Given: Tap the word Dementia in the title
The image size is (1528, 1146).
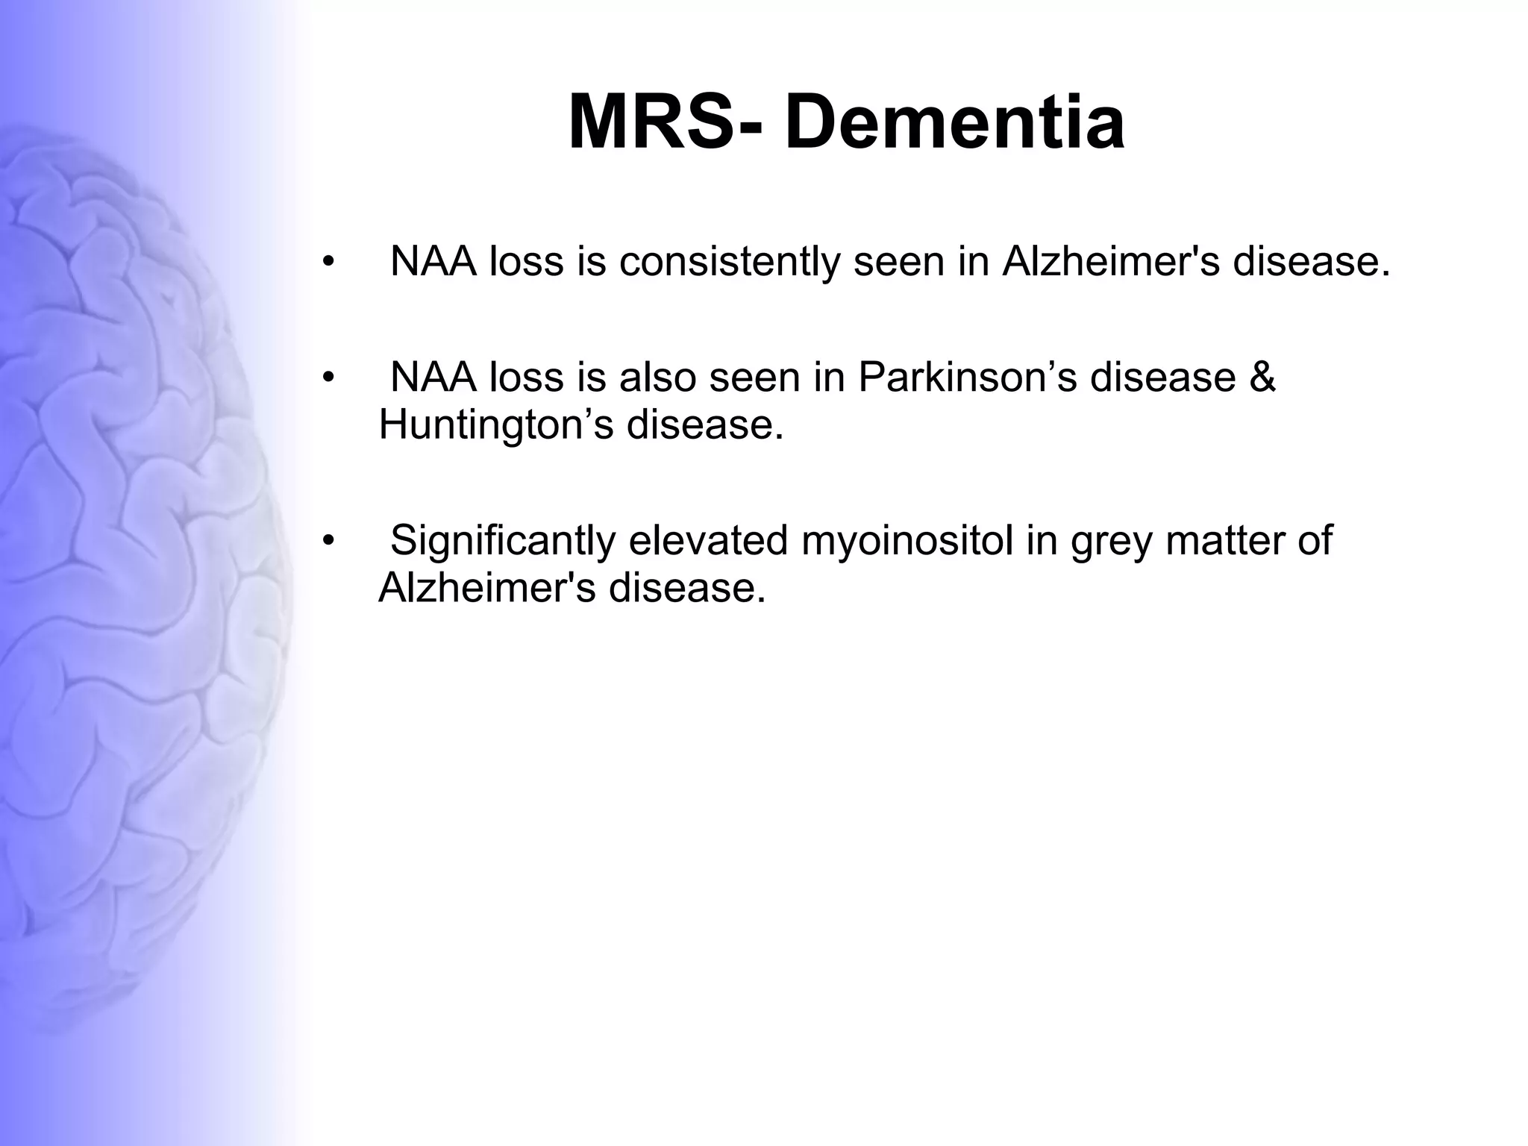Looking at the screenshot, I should click(954, 122).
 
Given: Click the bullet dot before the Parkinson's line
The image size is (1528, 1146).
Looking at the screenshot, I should click(327, 378).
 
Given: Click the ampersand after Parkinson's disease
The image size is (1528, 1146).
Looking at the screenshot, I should click(1261, 377).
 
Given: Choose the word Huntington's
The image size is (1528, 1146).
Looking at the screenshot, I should click(496, 425).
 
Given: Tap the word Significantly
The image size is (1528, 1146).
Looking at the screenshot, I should click(502, 540).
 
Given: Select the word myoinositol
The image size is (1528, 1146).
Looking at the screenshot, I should click(907, 540).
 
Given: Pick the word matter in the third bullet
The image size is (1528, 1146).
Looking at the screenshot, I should click(1224, 540).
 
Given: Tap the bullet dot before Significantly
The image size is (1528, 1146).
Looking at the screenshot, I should click(327, 541).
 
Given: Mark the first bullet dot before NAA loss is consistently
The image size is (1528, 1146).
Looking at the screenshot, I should click(327, 262).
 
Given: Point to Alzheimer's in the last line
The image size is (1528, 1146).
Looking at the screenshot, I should click(486, 588).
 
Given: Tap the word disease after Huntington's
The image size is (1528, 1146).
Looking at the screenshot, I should click(705, 425).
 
